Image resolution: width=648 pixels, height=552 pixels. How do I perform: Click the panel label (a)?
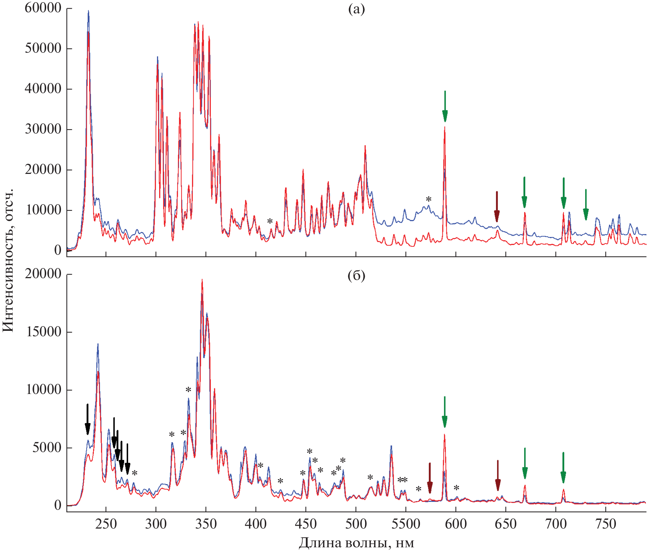coord(356,9)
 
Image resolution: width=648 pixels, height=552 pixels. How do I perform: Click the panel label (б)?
coord(356,276)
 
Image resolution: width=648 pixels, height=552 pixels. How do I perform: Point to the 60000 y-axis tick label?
coord(43,8)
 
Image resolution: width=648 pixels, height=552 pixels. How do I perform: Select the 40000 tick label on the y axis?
coord(43,88)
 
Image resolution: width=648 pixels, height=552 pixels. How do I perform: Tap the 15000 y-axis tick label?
coord(44,332)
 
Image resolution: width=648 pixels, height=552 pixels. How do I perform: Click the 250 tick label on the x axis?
coord(106,524)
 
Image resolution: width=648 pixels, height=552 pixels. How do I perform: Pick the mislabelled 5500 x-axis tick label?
coord(406,524)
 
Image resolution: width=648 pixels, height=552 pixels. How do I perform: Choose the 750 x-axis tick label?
coord(605,524)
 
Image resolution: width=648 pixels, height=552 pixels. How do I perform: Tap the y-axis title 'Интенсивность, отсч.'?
coord(8,260)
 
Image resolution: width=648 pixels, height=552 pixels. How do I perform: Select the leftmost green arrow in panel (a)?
coord(445,106)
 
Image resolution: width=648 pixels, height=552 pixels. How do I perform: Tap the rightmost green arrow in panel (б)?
coord(563,468)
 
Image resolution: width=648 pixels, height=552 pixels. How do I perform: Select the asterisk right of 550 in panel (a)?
coord(428,199)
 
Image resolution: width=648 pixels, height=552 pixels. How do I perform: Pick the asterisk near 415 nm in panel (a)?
coord(270,221)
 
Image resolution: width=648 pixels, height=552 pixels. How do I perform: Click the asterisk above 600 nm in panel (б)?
coord(456,488)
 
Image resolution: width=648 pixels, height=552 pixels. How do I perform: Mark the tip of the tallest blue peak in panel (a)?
coord(88,11)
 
